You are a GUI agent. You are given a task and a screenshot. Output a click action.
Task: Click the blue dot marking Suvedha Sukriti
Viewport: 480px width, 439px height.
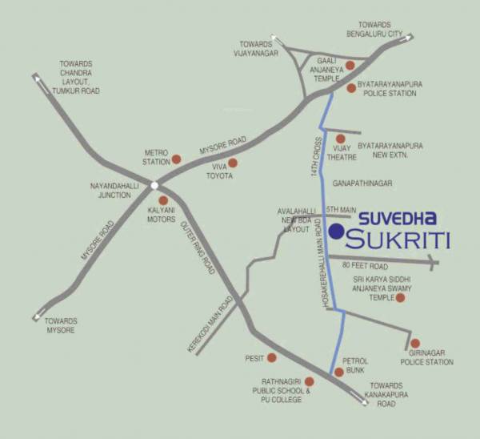(337, 232)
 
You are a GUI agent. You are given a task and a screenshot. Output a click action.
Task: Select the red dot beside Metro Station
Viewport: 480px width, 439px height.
(177, 159)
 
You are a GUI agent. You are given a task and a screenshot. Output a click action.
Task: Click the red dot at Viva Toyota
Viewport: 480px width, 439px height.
(233, 163)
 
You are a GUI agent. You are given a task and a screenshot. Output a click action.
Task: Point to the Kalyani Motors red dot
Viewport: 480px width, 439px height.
(163, 201)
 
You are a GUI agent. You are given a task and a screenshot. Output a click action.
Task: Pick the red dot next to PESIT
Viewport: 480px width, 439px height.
(272, 357)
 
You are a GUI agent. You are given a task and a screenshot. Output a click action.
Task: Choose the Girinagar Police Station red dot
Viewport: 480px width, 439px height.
(414, 344)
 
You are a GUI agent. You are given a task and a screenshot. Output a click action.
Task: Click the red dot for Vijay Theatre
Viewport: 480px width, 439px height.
(341, 139)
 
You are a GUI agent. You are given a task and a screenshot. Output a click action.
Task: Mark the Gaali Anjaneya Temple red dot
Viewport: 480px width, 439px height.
(349, 65)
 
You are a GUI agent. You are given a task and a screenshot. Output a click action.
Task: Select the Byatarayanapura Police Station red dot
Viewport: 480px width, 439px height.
(350, 88)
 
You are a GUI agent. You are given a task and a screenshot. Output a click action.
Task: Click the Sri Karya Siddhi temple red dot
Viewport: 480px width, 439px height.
(401, 298)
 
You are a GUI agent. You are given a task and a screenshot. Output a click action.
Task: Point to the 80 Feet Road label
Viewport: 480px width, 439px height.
(364, 266)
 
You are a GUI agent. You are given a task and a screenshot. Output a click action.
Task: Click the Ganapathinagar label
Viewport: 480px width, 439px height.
(364, 183)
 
